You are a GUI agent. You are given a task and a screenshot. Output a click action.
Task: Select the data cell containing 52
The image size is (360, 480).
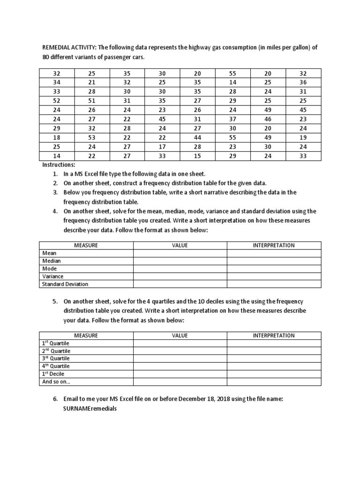[x=57, y=100]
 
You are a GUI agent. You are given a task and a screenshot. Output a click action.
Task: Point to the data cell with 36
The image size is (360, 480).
[x=303, y=82]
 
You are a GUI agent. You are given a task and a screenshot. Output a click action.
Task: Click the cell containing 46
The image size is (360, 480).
[x=268, y=119]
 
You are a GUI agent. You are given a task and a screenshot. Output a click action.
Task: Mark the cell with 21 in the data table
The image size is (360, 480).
[x=92, y=82]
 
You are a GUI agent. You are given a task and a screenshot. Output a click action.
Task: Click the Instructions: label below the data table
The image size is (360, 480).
[x=59, y=165]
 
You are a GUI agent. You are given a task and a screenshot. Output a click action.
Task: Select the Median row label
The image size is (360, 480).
[x=52, y=261]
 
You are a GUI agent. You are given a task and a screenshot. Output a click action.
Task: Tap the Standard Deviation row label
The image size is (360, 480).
[x=65, y=284]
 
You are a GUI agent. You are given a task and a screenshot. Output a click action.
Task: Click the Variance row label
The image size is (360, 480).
[x=53, y=276]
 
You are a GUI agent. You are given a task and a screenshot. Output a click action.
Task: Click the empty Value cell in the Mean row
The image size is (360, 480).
[x=180, y=253]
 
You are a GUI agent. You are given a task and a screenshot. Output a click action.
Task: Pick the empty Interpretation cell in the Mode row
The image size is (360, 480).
[x=274, y=269]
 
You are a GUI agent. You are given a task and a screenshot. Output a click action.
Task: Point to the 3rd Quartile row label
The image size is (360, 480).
[x=56, y=359]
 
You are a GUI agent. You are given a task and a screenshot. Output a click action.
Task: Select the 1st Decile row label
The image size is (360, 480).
[x=53, y=374]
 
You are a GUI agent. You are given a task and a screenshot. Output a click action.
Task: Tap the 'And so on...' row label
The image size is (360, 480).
[x=56, y=382]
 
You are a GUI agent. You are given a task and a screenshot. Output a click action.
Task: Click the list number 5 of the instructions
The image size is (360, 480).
[x=55, y=302]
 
